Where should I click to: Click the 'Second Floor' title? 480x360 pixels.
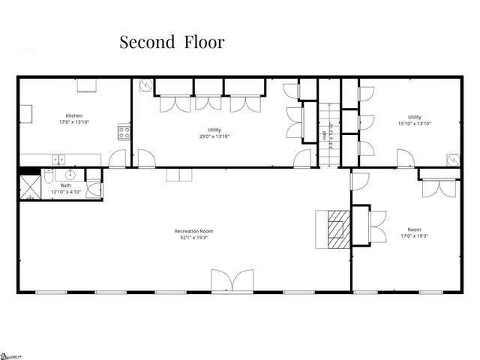coord(172,42)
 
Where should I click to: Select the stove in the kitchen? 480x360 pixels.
coord(124,133)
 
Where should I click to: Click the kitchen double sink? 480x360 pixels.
coord(58,158)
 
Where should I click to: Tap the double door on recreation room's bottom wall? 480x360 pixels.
coord(226,281)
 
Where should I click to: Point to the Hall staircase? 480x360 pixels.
coord(330,135)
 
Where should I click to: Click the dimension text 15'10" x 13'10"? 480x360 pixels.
coord(415,124)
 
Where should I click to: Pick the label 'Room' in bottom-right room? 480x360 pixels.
coord(414,229)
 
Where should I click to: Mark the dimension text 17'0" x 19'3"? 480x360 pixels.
coord(414,237)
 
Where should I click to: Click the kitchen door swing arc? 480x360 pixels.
coord(117,159)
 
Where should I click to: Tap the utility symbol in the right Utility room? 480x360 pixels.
coord(452,160)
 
